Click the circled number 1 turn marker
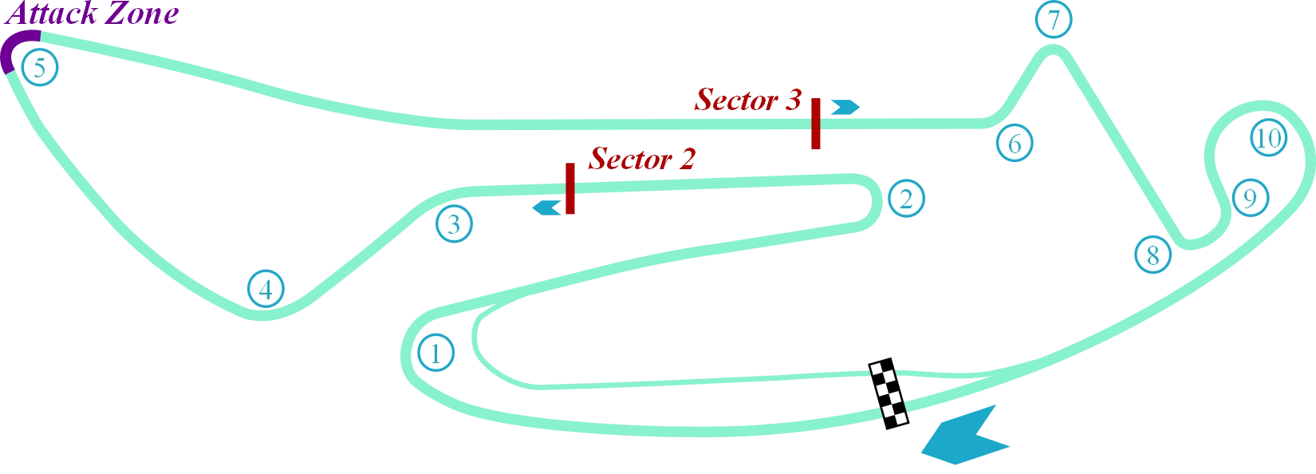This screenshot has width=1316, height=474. (436, 353)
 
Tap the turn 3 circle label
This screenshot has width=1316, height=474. (454, 223)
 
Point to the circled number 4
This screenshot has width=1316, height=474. (266, 289)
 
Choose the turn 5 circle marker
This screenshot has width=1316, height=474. (40, 67)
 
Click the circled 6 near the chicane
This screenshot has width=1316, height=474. (1015, 143)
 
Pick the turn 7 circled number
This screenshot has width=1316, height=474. (1054, 19)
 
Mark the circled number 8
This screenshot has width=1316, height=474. (1152, 255)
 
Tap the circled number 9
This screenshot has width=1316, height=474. (1251, 198)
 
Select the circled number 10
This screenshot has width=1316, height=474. (1268, 137)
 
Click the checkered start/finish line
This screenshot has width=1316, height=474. (888, 393)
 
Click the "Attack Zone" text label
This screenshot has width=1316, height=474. (92, 13)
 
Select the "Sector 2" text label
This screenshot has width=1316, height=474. (642, 159)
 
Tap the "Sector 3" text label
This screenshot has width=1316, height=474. (748, 100)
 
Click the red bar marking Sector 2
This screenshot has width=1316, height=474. (570, 188)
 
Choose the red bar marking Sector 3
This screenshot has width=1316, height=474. (816, 124)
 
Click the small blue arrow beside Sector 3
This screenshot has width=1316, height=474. (845, 107)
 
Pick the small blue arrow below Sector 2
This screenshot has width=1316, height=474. (546, 207)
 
